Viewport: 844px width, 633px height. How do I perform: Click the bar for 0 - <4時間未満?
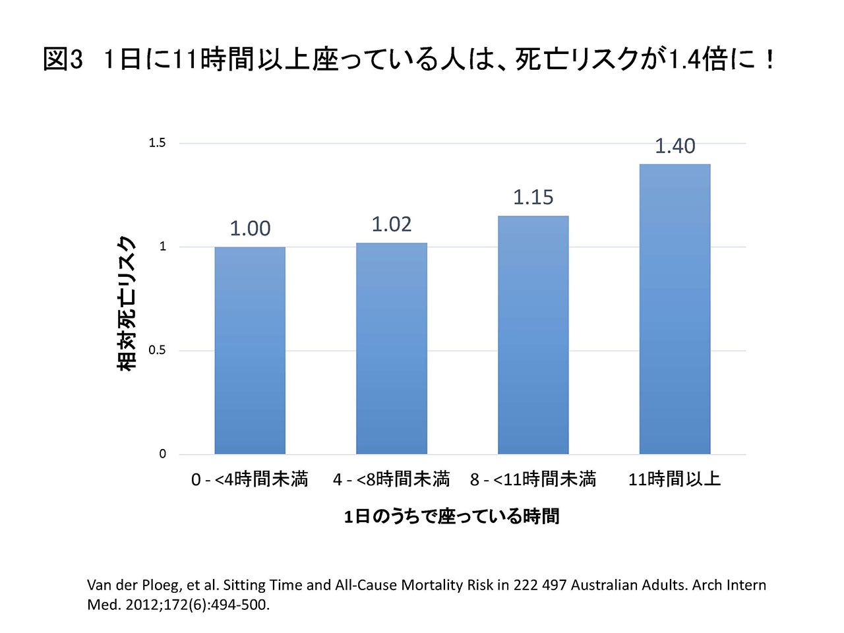pos(250,350)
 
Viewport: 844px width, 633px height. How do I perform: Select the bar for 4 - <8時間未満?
pos(392,348)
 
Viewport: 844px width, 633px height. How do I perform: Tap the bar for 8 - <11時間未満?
pos(533,335)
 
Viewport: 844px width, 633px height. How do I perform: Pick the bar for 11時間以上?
pos(675,309)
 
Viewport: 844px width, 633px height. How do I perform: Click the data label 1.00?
pos(250,228)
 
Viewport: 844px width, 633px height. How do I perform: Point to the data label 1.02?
pos(392,224)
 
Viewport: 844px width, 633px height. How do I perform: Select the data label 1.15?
pos(533,197)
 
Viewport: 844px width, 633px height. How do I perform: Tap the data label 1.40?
pos(675,146)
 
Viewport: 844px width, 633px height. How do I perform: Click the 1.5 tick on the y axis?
pos(158,143)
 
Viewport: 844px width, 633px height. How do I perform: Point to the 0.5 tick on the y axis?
pos(158,350)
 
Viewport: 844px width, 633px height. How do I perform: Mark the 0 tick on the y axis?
pos(163,454)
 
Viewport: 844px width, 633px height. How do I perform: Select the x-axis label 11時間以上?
pos(675,479)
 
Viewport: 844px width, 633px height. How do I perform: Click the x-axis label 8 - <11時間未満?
pos(533,479)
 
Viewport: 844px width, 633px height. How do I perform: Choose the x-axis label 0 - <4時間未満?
pos(249,479)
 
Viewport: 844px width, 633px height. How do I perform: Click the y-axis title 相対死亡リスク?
pos(127,303)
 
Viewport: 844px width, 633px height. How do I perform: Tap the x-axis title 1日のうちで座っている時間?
pos(452,516)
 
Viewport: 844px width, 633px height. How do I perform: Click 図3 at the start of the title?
pos(63,59)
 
